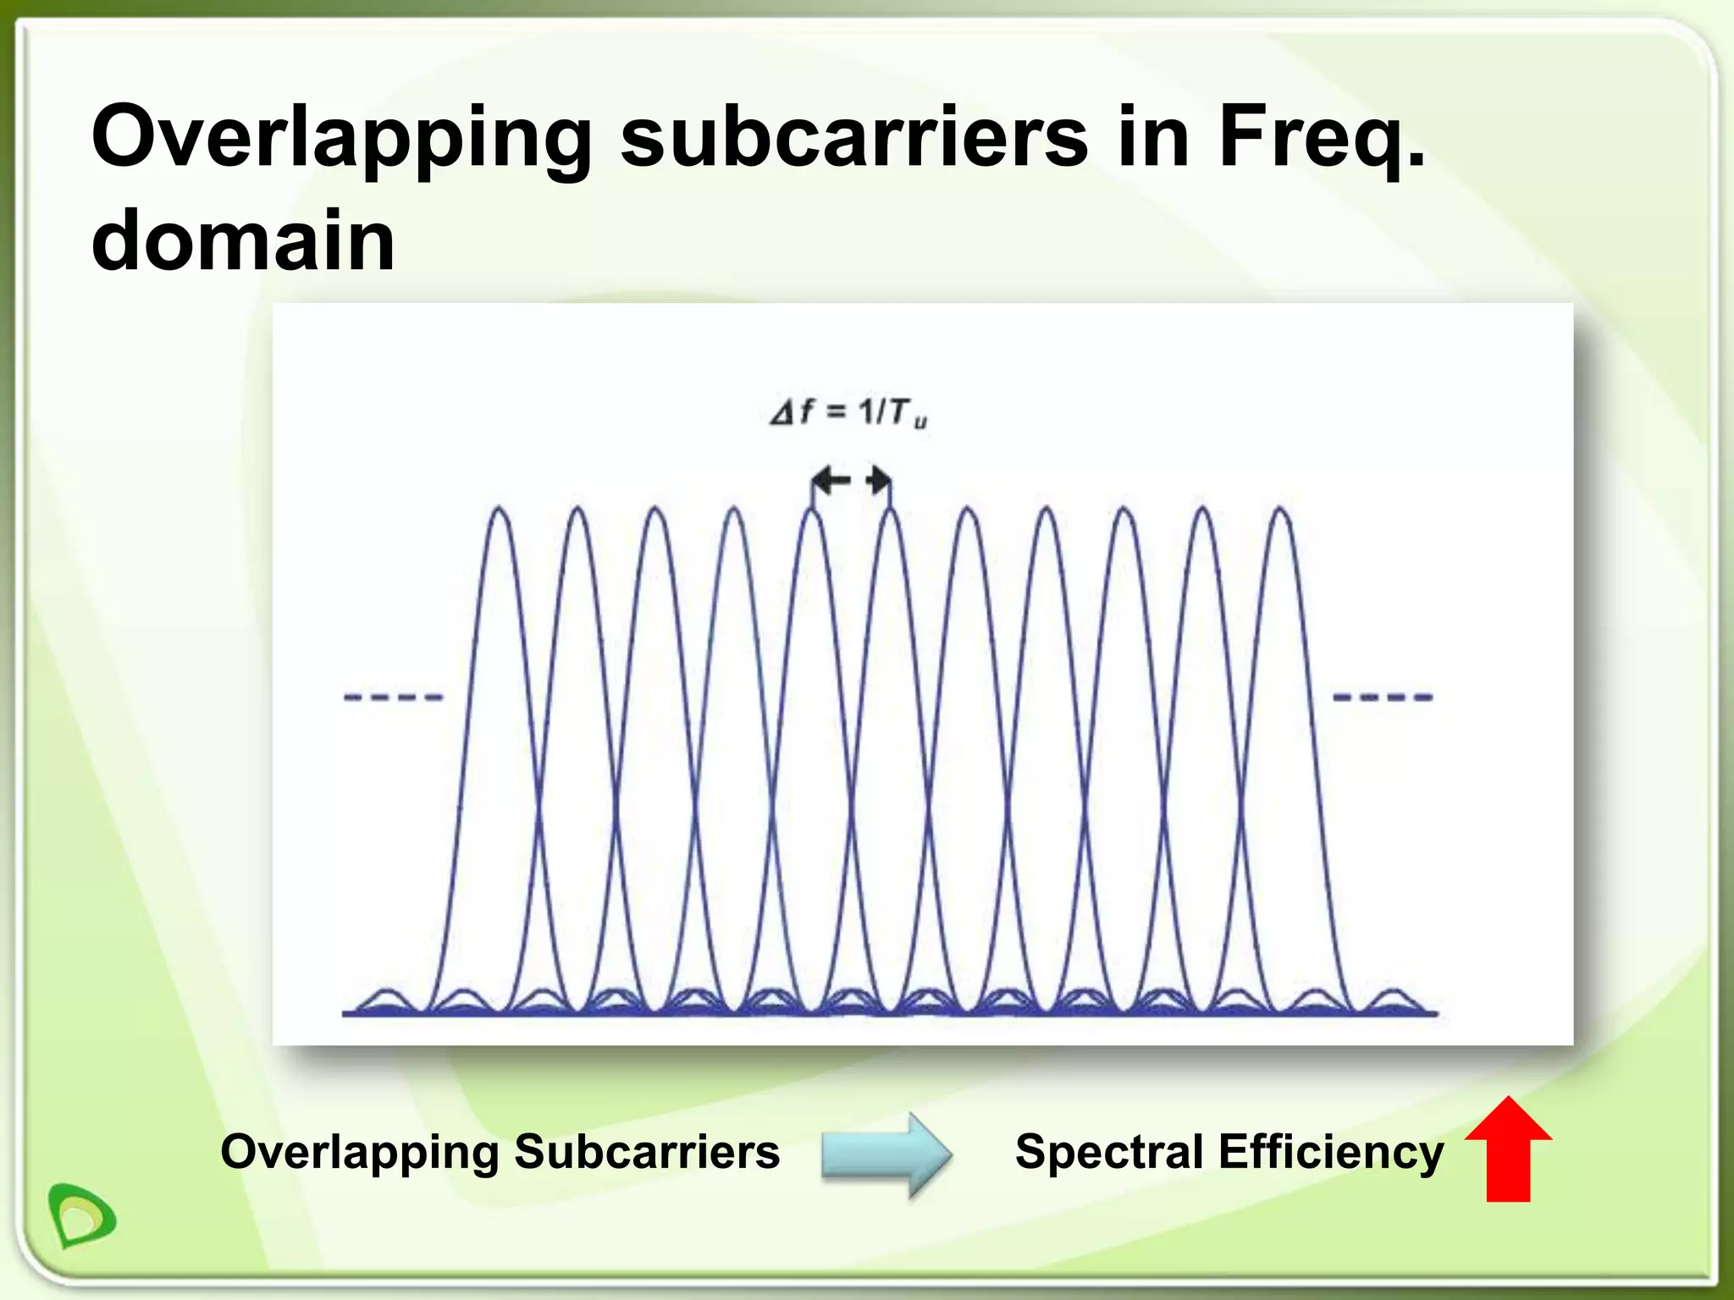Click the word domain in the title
tap(243, 240)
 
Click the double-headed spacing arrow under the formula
tap(851, 482)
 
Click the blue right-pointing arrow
tap(886, 1154)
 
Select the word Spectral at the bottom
tap(1109, 1152)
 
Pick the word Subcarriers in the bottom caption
tap(647, 1152)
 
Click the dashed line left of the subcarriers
tap(393, 697)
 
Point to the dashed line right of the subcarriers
tap(1383, 697)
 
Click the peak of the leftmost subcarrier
tap(500, 510)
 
